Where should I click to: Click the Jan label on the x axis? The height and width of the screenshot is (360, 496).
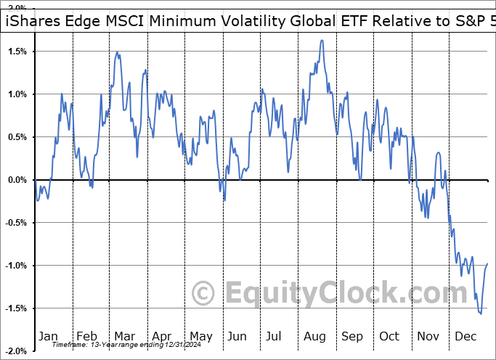point(48,336)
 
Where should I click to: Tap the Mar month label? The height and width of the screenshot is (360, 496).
point(124,336)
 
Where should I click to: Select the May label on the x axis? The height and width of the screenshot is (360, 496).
point(200,336)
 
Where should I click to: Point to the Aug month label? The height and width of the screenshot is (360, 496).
point(314,336)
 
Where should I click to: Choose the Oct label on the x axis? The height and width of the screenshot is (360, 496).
point(390,336)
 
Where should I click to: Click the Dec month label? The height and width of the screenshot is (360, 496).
point(466,336)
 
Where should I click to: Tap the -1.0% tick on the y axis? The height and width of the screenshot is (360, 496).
point(15,266)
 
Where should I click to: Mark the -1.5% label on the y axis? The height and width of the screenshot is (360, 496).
point(15,308)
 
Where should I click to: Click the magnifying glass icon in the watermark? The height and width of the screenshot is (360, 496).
point(206,293)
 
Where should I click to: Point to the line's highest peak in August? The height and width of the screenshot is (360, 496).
point(321,41)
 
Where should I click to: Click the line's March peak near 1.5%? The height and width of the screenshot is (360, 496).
point(117,52)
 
